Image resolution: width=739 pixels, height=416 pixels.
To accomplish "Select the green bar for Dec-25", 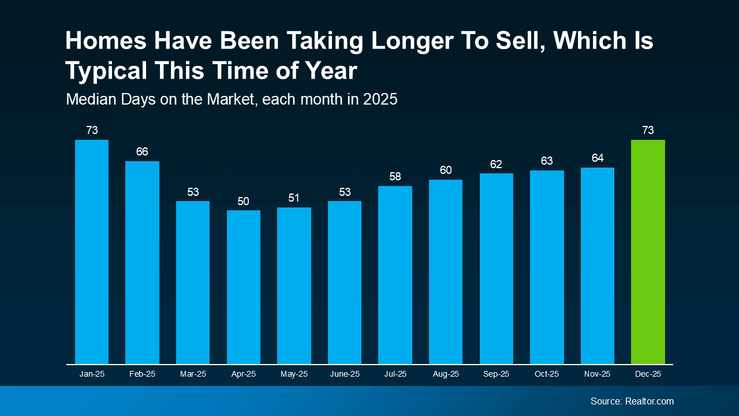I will pyautogui.click(x=648, y=252).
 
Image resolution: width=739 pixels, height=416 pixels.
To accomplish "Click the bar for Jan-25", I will pyautogui.click(x=92, y=252).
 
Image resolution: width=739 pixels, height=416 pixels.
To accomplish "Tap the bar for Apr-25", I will pyautogui.click(x=244, y=287).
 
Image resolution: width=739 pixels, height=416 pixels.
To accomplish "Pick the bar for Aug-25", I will pyautogui.click(x=446, y=272).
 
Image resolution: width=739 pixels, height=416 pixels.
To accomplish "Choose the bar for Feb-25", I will pyautogui.click(x=142, y=262).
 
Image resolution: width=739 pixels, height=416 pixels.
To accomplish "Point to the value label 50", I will pyautogui.click(x=244, y=202).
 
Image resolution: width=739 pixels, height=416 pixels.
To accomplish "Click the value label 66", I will pyautogui.click(x=142, y=152).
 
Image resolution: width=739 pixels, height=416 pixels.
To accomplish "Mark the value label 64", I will pyautogui.click(x=598, y=158).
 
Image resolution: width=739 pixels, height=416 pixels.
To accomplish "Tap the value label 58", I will pyautogui.click(x=395, y=177).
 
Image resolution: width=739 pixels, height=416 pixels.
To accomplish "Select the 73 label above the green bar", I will pyautogui.click(x=648, y=131).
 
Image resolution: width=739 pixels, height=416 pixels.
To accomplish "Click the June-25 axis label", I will pyautogui.click(x=345, y=374).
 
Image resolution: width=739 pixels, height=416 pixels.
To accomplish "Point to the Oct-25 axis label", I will pyautogui.click(x=547, y=374).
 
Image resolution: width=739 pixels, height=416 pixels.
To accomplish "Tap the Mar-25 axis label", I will pyautogui.click(x=193, y=374).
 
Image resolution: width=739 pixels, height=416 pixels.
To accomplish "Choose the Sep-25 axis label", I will pyautogui.click(x=497, y=374).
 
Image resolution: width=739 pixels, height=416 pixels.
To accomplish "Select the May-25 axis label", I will pyautogui.click(x=294, y=374).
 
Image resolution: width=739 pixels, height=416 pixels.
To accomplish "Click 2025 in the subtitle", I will pyautogui.click(x=380, y=99).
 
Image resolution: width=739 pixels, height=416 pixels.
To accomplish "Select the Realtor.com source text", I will pyautogui.click(x=649, y=401).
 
